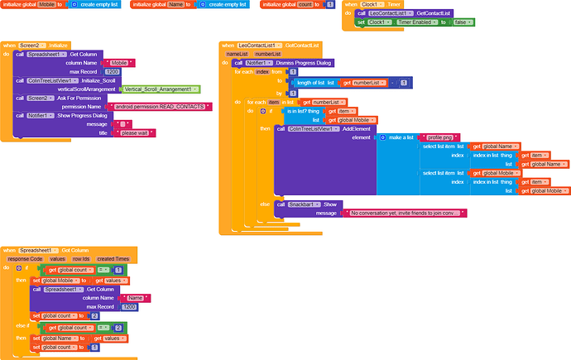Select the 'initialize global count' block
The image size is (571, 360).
point(281,5)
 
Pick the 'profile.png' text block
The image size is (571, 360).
point(438,137)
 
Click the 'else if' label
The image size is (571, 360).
point(22,328)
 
